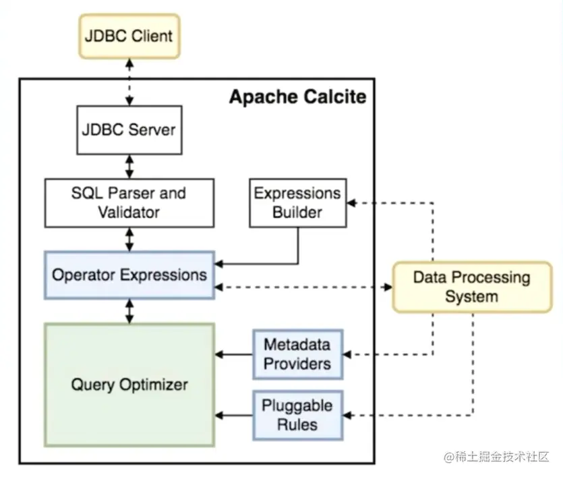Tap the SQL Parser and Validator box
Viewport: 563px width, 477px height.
pyautogui.click(x=129, y=202)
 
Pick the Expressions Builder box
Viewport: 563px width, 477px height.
pyautogui.click(x=297, y=202)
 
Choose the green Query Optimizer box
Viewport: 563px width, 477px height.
pyautogui.click(x=129, y=385)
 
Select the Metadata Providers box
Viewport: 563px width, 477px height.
pyautogui.click(x=297, y=354)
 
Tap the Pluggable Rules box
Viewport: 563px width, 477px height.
pyautogui.click(x=297, y=414)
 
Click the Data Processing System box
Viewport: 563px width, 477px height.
pyautogui.click(x=471, y=287)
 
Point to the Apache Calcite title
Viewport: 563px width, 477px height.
pyautogui.click(x=297, y=97)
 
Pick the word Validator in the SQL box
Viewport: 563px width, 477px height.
pyautogui.click(x=129, y=213)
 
